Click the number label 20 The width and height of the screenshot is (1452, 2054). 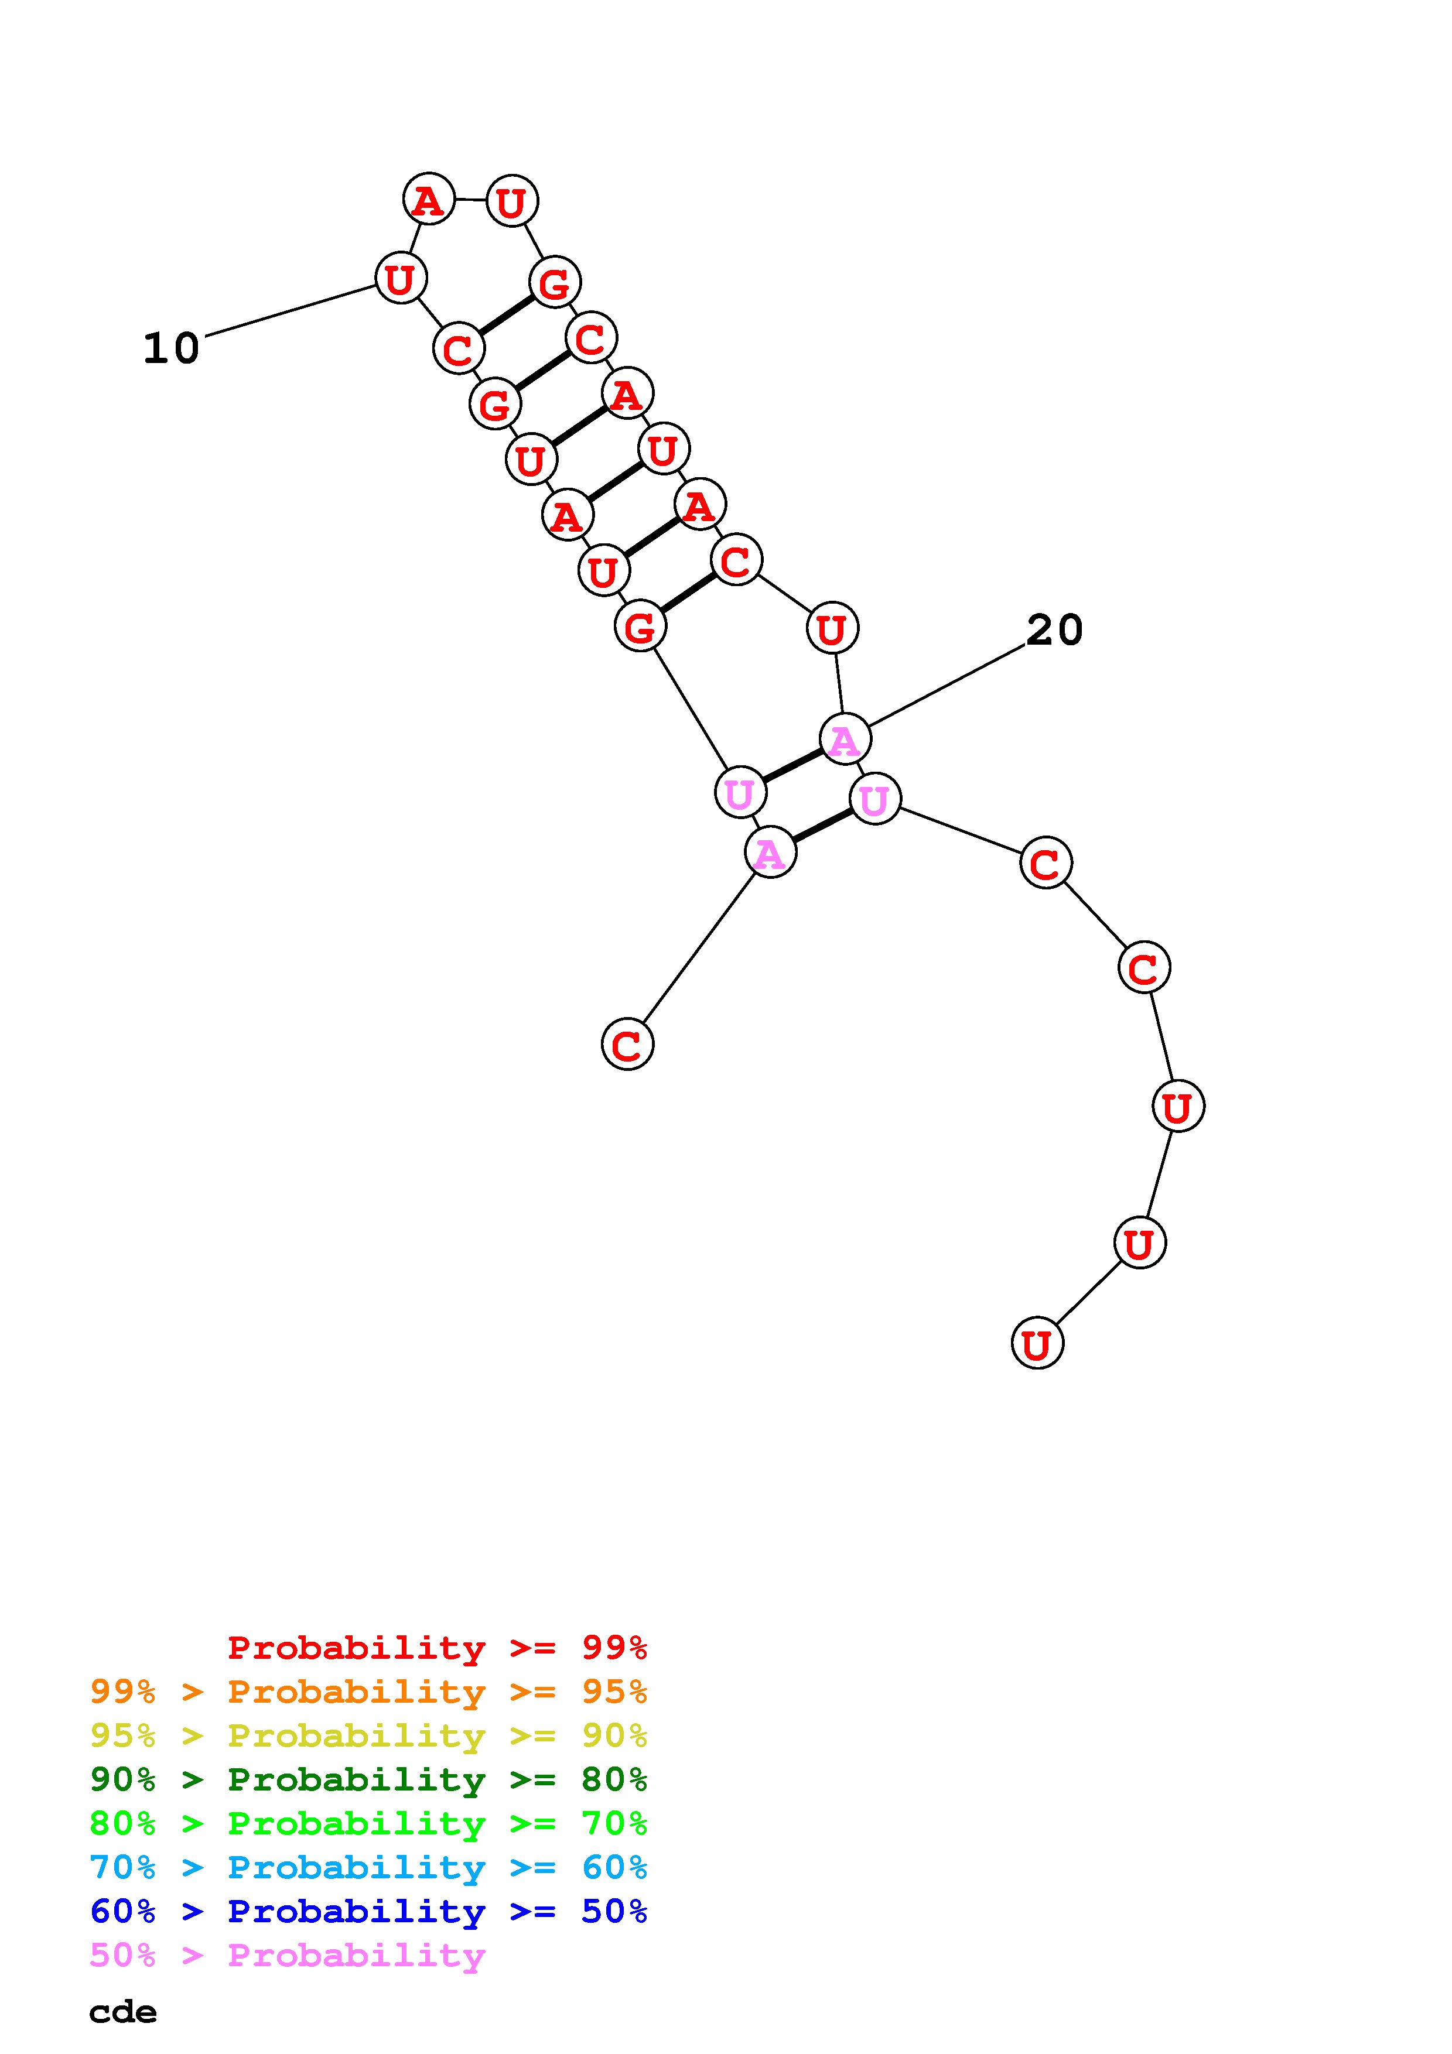[x=1054, y=631]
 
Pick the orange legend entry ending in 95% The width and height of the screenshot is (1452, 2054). [x=368, y=1692]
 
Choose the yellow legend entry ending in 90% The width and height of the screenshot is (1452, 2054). [x=368, y=1735]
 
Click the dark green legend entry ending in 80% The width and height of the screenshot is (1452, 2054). [x=368, y=1779]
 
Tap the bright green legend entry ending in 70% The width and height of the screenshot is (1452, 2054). [x=368, y=1823]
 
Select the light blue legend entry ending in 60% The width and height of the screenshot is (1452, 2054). [x=368, y=1867]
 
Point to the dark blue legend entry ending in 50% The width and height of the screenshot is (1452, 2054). [x=368, y=1911]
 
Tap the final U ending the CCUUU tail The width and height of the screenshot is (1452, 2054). [x=1037, y=1344]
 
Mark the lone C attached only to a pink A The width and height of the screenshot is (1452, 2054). [x=627, y=1044]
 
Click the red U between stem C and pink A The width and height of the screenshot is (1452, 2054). [x=832, y=628]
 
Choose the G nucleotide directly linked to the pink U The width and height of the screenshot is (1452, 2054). [x=641, y=627]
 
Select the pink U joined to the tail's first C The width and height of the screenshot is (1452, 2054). [x=874, y=798]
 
